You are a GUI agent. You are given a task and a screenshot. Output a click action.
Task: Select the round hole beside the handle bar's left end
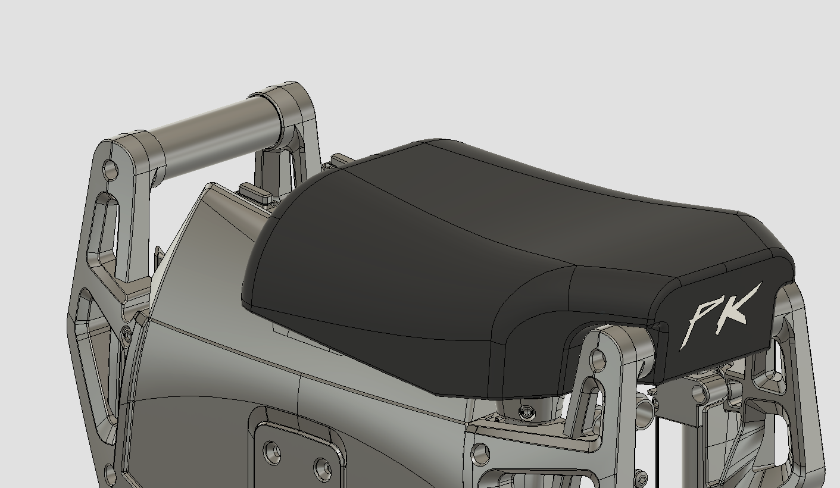click(111, 170)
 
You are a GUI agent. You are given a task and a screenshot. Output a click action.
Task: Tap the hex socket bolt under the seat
click(524, 412)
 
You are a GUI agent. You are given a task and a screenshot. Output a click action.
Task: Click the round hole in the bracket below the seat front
click(598, 360)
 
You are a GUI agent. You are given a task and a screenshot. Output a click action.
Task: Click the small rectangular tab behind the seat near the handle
click(255, 193)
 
